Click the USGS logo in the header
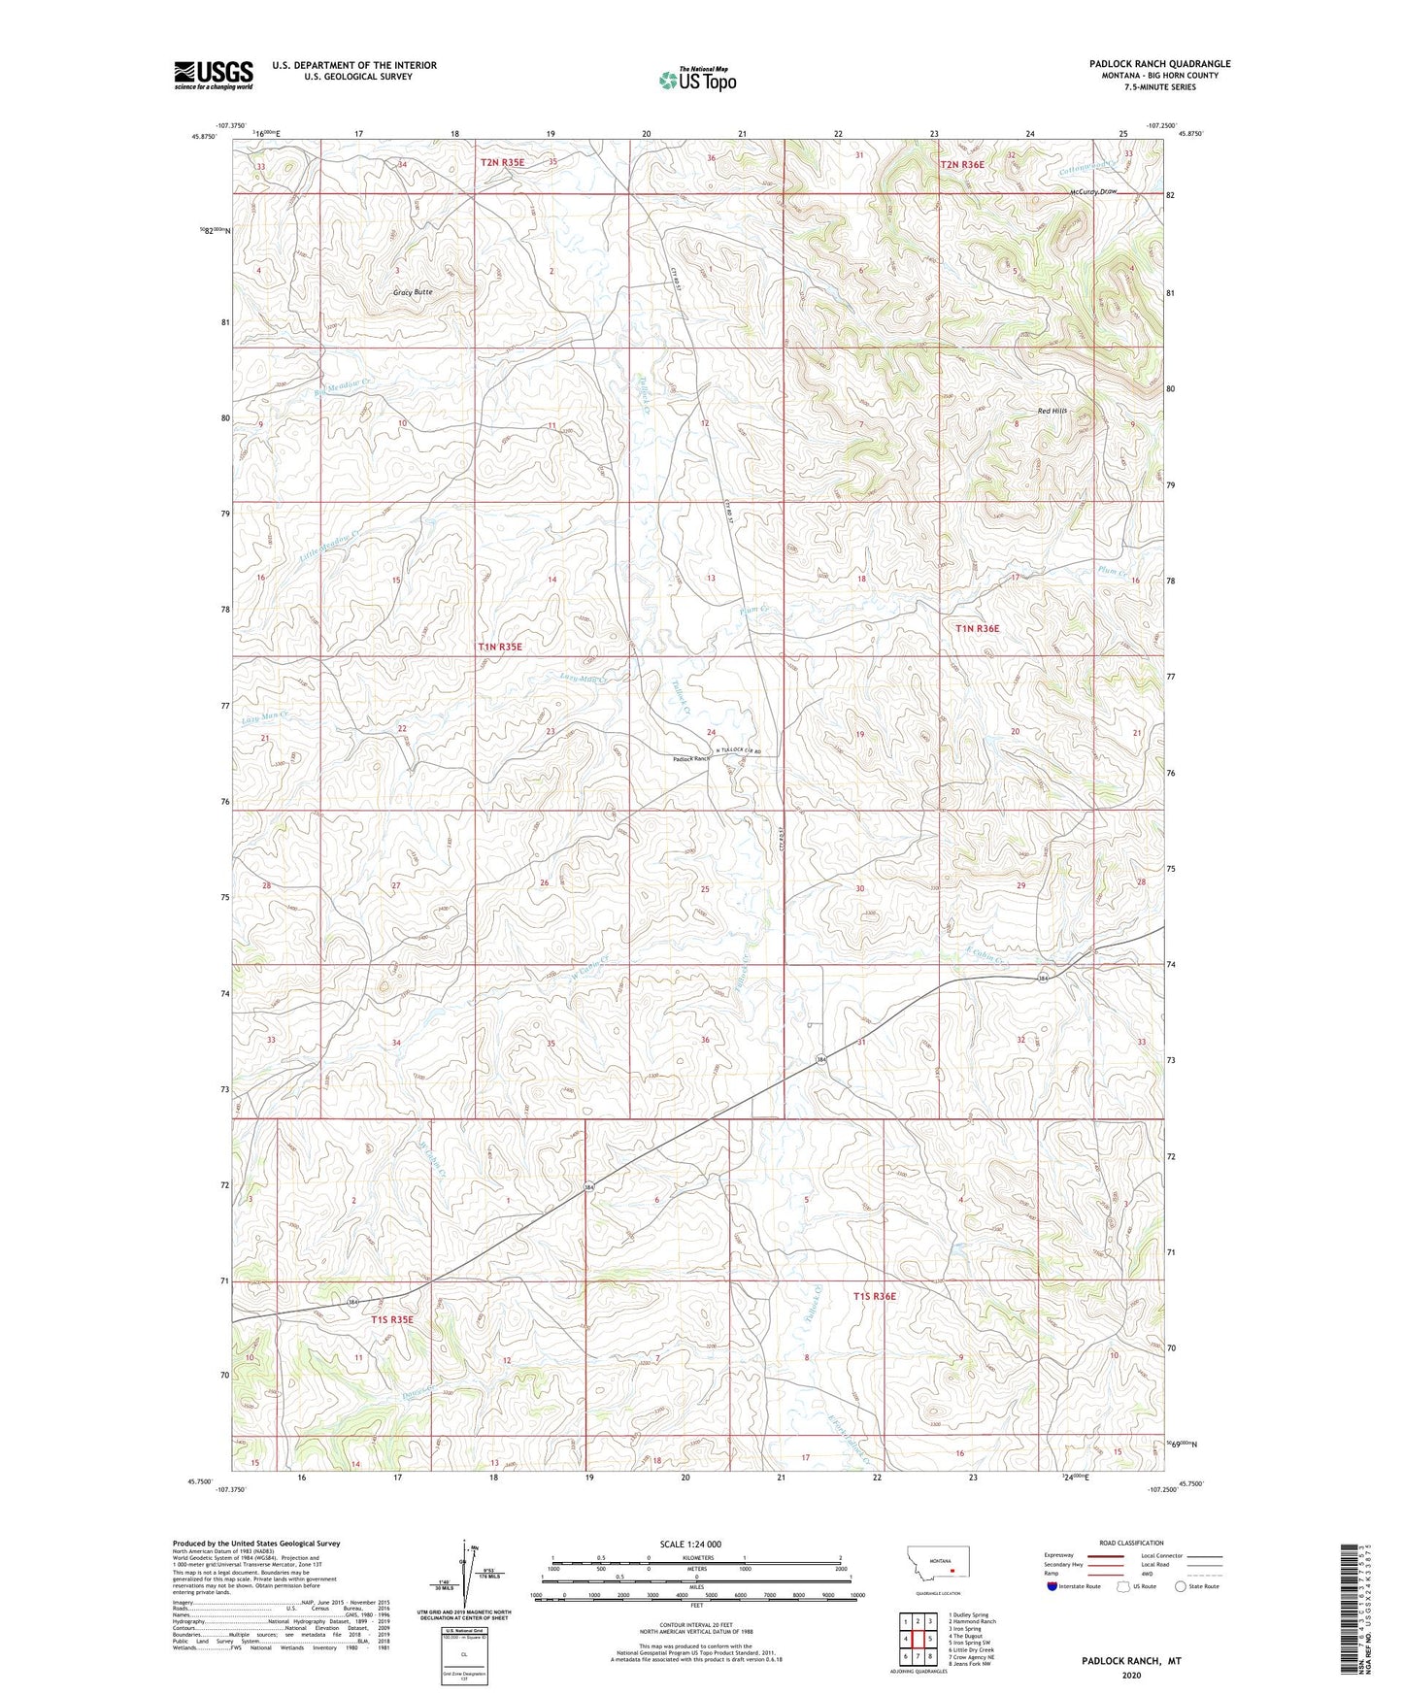pyautogui.click(x=213, y=75)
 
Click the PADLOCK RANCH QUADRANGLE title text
pyautogui.click(x=1159, y=64)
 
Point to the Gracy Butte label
pyautogui.click(x=412, y=292)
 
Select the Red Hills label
pyautogui.click(x=1052, y=411)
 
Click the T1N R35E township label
pyautogui.click(x=499, y=647)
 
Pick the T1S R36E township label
pyautogui.click(x=875, y=1296)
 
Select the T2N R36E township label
pyautogui.click(x=961, y=165)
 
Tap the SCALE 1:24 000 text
pyautogui.click(x=690, y=1544)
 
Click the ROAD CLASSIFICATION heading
pyautogui.click(x=1131, y=1543)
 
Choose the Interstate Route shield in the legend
pyautogui.click(x=1053, y=1586)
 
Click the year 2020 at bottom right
pyautogui.click(x=1130, y=1675)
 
